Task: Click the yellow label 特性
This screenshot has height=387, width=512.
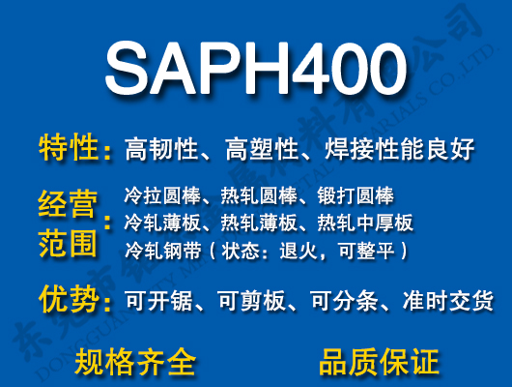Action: (x=69, y=149)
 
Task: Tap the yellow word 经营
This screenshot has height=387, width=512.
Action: (x=69, y=206)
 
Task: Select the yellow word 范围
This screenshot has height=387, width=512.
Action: (x=69, y=242)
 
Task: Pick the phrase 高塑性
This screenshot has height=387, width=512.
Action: (x=261, y=150)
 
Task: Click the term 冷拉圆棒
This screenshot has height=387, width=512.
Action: (x=157, y=196)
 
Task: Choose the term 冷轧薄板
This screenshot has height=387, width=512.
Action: (x=157, y=223)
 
